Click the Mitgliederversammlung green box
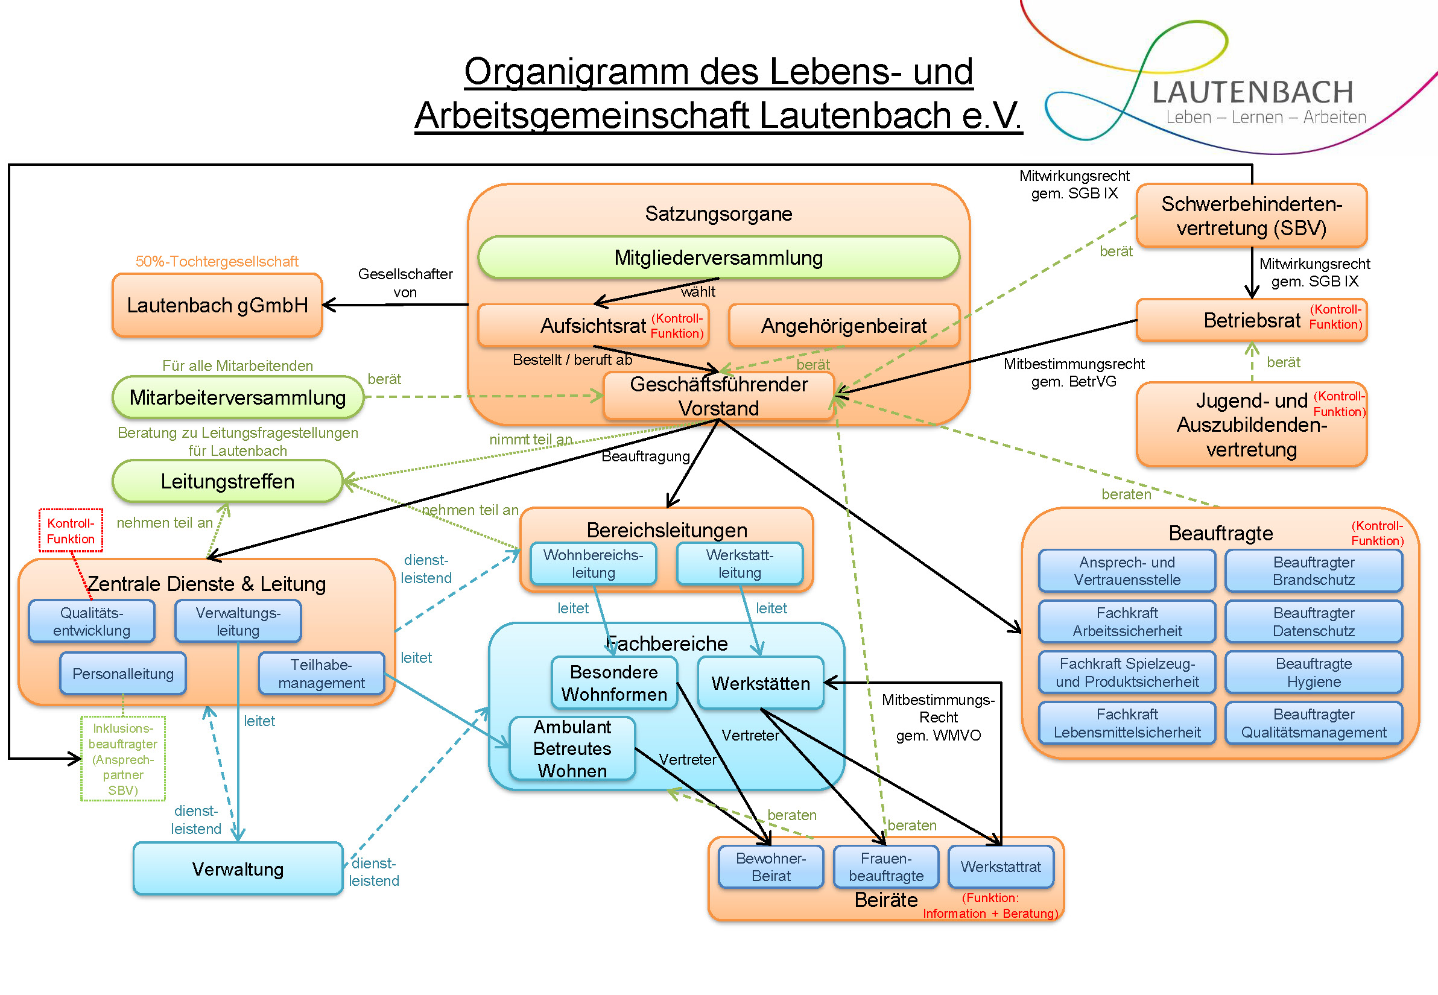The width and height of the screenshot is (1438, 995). coord(718,257)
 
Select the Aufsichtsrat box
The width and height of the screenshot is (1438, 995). coord(592,326)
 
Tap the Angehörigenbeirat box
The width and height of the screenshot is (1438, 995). coord(843,326)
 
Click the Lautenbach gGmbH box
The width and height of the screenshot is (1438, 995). coord(217,306)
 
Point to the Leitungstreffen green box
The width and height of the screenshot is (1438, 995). coord(227,481)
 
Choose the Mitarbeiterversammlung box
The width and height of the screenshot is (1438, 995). coord(237,397)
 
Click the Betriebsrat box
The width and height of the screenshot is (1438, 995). coord(1250,320)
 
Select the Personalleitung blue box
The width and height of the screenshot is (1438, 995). coord(123,674)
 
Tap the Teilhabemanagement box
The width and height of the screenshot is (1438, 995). coord(321,674)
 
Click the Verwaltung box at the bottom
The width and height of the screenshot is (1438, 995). coord(238,868)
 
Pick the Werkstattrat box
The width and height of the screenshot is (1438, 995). coord(1000,867)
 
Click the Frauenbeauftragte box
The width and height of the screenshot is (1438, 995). coord(885,867)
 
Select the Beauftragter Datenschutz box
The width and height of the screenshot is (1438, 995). coord(1313,622)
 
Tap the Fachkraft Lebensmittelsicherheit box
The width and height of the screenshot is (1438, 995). coord(1127,723)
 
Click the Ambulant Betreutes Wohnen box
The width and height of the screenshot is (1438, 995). coord(572,749)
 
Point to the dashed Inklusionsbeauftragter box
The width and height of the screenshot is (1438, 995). coord(123,759)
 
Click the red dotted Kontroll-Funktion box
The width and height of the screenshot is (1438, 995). coord(71,531)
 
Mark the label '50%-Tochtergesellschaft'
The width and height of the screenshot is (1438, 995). coord(217,261)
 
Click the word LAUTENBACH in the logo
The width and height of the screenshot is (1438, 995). coord(1252,92)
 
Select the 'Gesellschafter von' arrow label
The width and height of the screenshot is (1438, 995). coord(405,282)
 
